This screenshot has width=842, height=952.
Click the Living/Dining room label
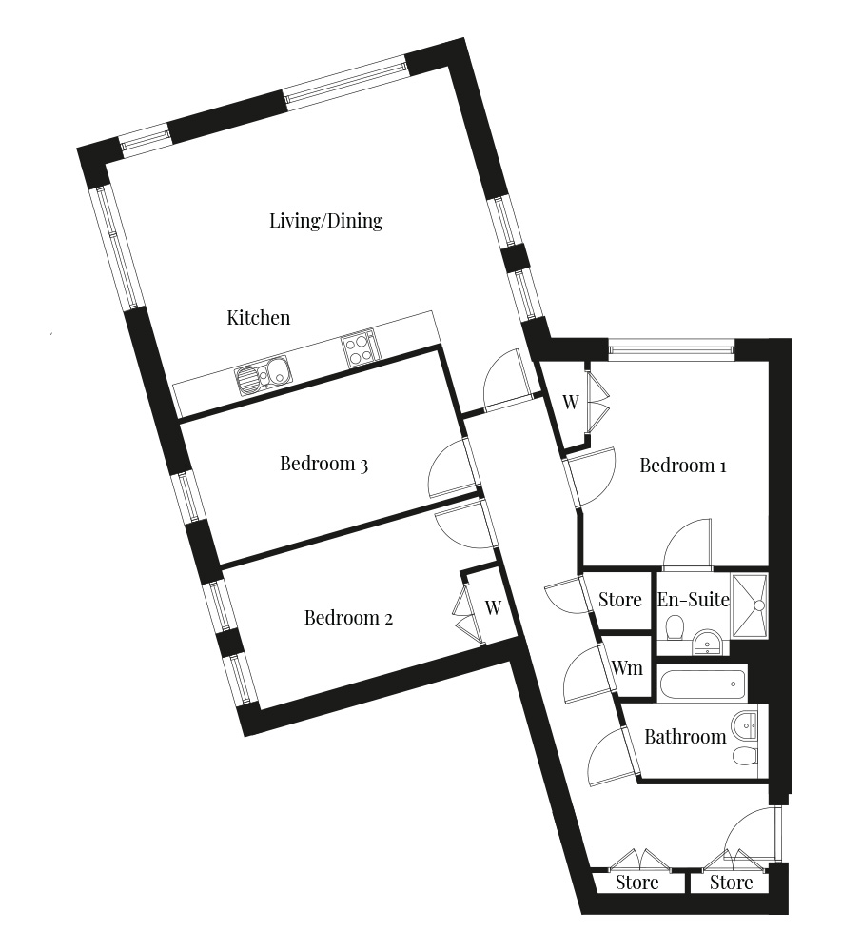click(325, 221)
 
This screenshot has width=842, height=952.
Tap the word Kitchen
click(259, 318)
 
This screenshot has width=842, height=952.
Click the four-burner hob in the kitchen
click(360, 349)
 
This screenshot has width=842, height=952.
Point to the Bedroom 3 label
click(323, 464)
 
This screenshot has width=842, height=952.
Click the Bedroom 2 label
click(348, 618)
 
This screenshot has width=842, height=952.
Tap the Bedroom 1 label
click(683, 466)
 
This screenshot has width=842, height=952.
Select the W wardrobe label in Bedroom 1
click(571, 402)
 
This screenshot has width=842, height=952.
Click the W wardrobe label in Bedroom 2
click(493, 607)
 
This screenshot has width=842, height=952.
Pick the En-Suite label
click(694, 600)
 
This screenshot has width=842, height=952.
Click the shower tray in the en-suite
click(750, 605)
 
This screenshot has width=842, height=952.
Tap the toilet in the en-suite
click(675, 627)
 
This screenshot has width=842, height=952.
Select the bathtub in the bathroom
click(702, 684)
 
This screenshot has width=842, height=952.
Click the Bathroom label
click(685, 737)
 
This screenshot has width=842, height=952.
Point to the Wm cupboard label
click(627, 668)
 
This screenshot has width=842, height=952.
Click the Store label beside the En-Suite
click(620, 600)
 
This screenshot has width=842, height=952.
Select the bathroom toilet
click(745, 757)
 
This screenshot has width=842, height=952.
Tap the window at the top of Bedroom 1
click(671, 349)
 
